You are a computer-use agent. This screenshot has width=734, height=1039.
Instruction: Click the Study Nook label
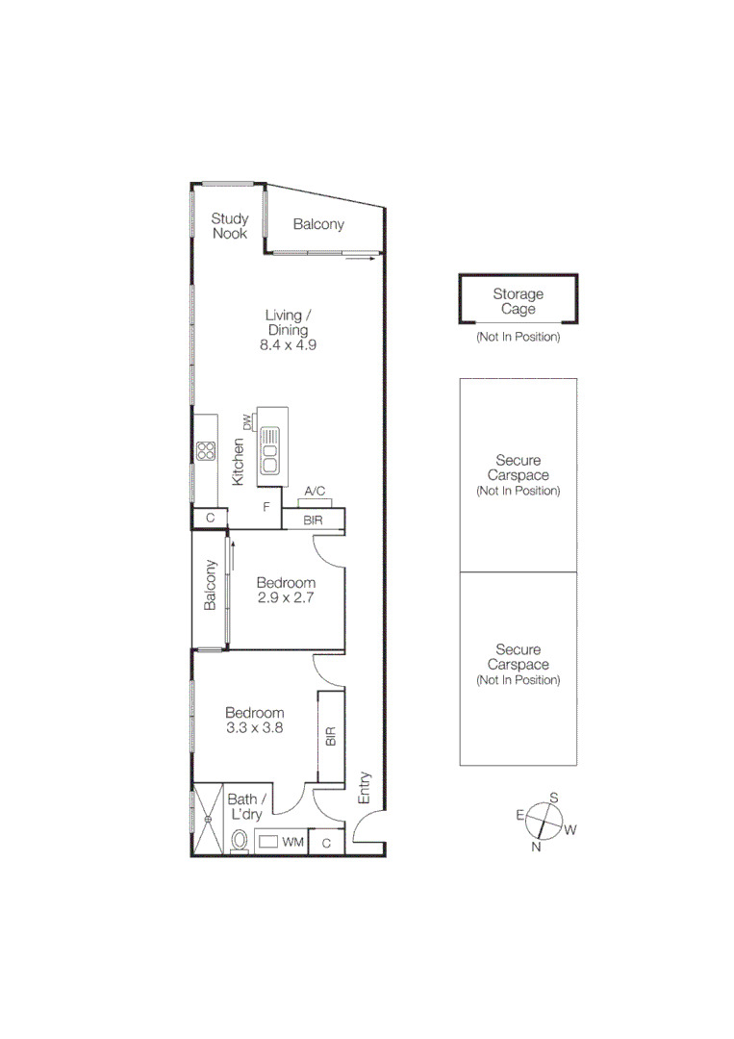coord(229,226)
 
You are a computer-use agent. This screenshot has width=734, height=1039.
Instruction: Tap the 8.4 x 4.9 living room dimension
coord(288,344)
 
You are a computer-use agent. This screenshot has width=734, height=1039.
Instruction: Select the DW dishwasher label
coord(246,421)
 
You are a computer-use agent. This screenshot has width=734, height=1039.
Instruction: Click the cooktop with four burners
coord(205,450)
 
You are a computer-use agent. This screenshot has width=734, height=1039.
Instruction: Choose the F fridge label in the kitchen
coord(266,506)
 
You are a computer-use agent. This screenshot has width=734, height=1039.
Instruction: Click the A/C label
coord(315,492)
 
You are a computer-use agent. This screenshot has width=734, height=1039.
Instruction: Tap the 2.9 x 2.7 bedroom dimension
coord(286,597)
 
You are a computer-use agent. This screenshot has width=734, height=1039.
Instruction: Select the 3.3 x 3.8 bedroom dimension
coord(255,727)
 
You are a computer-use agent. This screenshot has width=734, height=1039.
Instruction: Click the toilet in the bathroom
coord(240,841)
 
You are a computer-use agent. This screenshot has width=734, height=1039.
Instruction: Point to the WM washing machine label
coord(292,843)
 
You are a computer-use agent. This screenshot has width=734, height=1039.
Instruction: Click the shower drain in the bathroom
coord(207,820)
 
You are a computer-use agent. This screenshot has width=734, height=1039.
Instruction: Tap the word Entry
coord(365,787)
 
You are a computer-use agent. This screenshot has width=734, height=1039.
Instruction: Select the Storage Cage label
coord(519,302)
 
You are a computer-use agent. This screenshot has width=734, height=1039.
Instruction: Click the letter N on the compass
coord(537,848)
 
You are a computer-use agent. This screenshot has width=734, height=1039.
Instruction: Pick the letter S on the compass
coord(553,798)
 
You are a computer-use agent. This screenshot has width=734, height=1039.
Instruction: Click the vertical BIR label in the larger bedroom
coord(330,737)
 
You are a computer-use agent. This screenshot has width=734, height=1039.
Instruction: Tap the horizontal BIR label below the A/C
coord(313,520)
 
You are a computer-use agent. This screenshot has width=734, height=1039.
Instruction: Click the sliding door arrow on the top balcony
coord(360,257)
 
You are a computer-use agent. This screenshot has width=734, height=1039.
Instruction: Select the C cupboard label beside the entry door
coord(327,844)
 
